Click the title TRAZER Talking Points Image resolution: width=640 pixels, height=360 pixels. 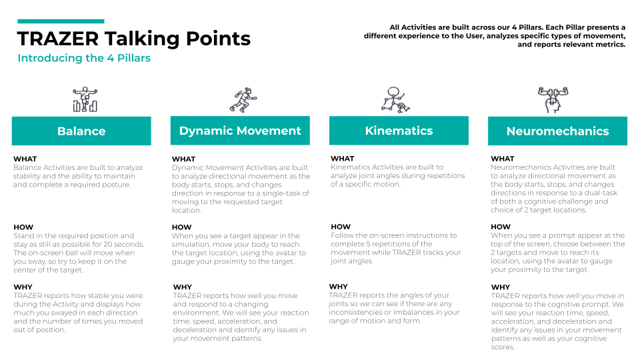[133, 39]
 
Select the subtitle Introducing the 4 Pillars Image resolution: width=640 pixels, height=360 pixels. [84, 58]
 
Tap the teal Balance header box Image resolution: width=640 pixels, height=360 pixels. [81, 131]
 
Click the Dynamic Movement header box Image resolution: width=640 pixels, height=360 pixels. [240, 131]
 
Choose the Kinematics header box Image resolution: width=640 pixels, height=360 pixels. [399, 131]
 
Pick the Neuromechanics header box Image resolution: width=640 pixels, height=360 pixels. [557, 131]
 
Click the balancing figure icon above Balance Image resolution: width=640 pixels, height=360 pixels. [85, 99]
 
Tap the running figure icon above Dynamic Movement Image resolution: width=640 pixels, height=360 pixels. [243, 99]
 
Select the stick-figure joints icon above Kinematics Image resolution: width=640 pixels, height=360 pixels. [395, 99]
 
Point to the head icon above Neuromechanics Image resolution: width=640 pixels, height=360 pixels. [553, 99]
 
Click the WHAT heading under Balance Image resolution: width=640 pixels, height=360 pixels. [25, 159]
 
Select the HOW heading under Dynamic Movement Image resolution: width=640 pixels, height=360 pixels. [181, 227]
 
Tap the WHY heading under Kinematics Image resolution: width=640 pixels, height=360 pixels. [339, 287]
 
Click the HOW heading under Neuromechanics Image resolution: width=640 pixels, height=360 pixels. [501, 227]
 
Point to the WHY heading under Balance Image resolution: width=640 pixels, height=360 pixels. [23, 287]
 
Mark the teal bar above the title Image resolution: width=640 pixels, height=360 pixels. [61, 21]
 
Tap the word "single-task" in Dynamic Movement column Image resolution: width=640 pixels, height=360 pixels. [281, 193]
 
